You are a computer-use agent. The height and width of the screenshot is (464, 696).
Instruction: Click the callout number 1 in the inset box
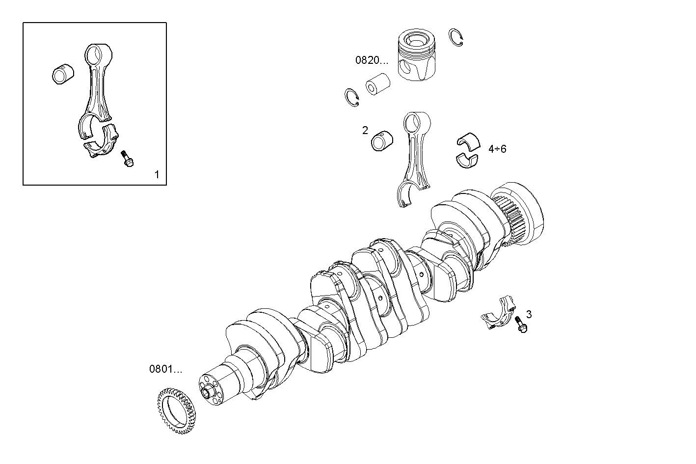[157, 174]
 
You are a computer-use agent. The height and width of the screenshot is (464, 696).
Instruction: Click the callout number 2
[365, 130]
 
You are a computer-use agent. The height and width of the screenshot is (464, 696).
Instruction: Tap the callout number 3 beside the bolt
[529, 314]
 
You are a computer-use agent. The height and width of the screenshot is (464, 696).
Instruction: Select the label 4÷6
[497, 148]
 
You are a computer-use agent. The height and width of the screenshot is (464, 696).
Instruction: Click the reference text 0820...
[372, 60]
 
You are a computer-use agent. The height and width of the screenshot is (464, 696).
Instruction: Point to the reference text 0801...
[165, 369]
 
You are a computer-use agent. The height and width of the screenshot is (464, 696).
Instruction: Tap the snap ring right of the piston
[456, 37]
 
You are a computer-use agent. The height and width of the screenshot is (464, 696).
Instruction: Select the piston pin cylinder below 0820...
[377, 84]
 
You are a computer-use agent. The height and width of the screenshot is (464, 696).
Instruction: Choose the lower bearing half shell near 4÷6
[467, 160]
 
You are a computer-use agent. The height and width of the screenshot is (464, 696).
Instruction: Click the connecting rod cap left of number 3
[498, 314]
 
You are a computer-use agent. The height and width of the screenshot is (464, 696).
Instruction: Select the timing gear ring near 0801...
[176, 406]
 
